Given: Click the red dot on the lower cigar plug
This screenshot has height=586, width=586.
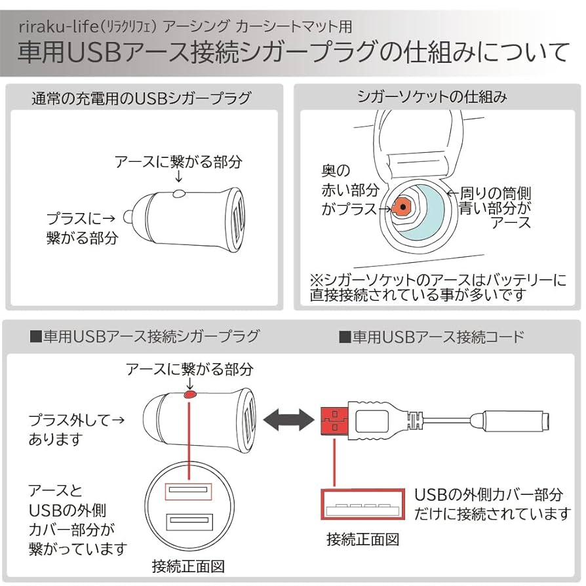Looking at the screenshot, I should pos(190,395).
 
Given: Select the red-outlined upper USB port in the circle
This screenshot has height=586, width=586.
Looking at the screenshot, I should pos(189,492).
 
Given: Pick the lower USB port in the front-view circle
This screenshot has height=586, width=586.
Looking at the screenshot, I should pos(189,522).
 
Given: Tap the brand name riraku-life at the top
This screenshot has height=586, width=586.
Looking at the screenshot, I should pos(57,27).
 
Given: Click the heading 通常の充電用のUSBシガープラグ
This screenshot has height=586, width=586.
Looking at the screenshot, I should pos(142,99).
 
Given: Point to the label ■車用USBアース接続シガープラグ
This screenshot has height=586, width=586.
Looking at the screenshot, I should pos(145,337).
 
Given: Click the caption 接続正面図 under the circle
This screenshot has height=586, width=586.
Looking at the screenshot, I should pos(188,565).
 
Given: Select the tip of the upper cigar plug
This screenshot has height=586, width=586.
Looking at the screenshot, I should pos(130,214).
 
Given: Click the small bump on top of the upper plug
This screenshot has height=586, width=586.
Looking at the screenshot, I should pos(178,193).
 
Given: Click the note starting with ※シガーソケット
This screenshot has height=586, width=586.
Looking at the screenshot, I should pos(438,288).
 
